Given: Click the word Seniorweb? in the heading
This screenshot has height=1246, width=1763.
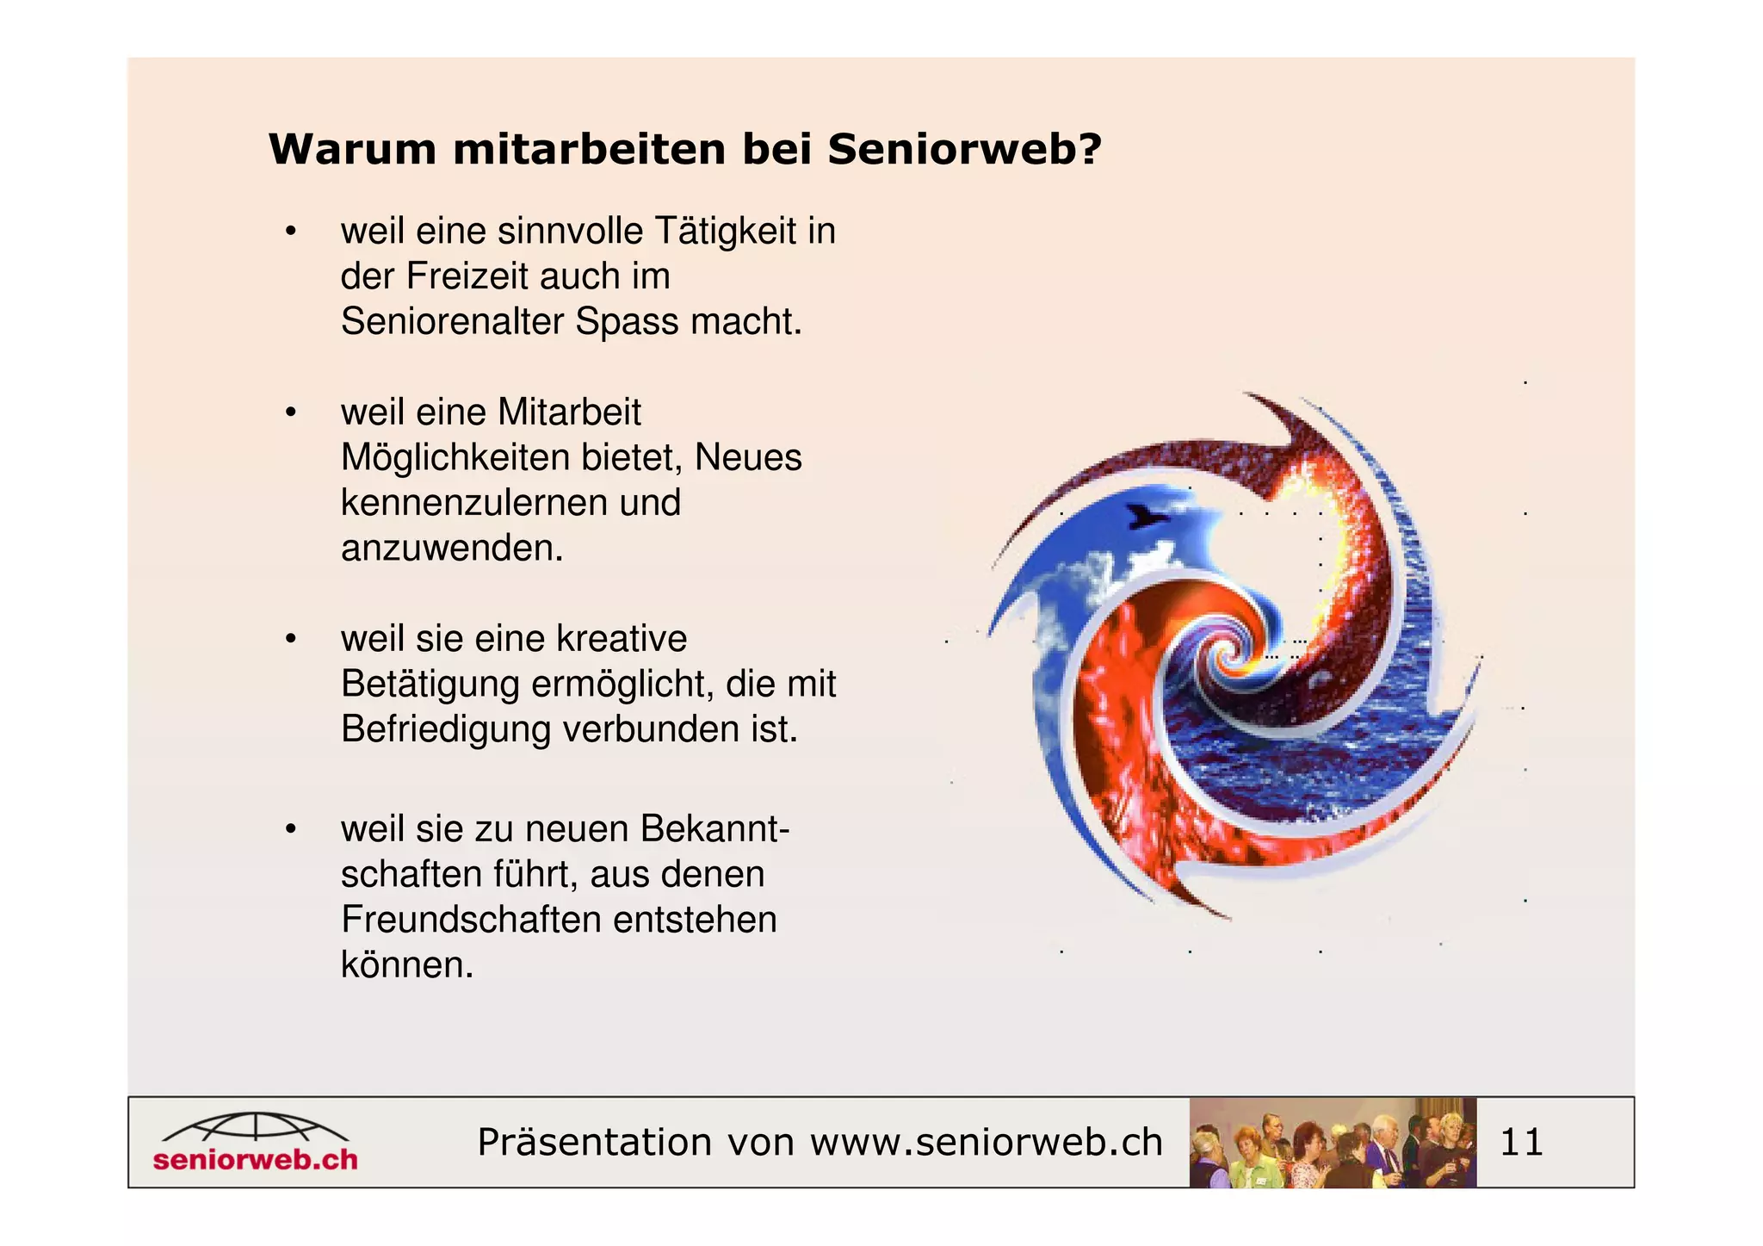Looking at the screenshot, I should pyautogui.click(x=964, y=150).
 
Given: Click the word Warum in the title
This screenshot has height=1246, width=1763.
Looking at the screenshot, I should pyautogui.click(x=354, y=150).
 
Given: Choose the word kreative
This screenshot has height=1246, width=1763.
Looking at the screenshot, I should pyautogui.click(x=622, y=639).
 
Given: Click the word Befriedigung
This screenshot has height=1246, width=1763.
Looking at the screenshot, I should pyautogui.click(x=445, y=729).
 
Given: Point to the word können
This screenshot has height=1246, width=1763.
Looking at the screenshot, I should pyautogui.click(x=406, y=964).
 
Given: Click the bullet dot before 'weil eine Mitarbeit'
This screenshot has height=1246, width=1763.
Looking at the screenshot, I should pyautogui.click(x=291, y=413).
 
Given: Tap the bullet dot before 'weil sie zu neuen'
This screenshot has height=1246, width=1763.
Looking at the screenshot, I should pyautogui.click(x=291, y=830).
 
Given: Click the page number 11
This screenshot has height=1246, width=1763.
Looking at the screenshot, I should pyautogui.click(x=1521, y=1143).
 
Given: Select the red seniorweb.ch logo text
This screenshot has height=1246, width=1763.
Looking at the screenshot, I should pyautogui.click(x=256, y=1159).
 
